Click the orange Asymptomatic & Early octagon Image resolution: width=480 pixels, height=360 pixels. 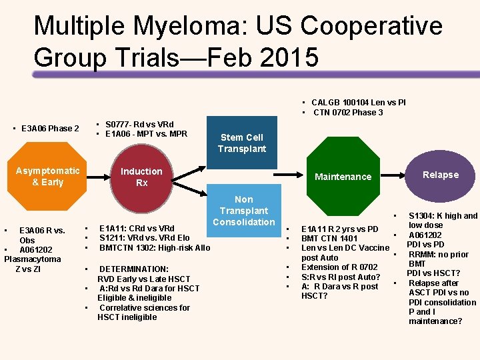47,177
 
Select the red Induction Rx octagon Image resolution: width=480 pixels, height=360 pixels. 141,177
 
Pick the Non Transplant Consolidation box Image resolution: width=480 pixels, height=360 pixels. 244,210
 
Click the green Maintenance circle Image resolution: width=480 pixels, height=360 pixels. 343,177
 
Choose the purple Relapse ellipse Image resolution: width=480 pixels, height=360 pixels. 441,175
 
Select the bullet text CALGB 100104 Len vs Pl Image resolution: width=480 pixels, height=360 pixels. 358,103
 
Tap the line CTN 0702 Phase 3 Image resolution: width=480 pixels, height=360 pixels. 348,112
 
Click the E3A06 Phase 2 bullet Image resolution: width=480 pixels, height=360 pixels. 50,129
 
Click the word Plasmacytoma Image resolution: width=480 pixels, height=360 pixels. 33,259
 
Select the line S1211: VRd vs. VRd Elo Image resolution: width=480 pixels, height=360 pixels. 145,238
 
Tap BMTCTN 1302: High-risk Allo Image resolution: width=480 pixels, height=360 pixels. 155,248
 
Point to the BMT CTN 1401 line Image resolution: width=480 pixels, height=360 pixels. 329,239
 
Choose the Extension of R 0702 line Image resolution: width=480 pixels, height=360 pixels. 339,267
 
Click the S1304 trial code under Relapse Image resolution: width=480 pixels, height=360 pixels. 424,216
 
